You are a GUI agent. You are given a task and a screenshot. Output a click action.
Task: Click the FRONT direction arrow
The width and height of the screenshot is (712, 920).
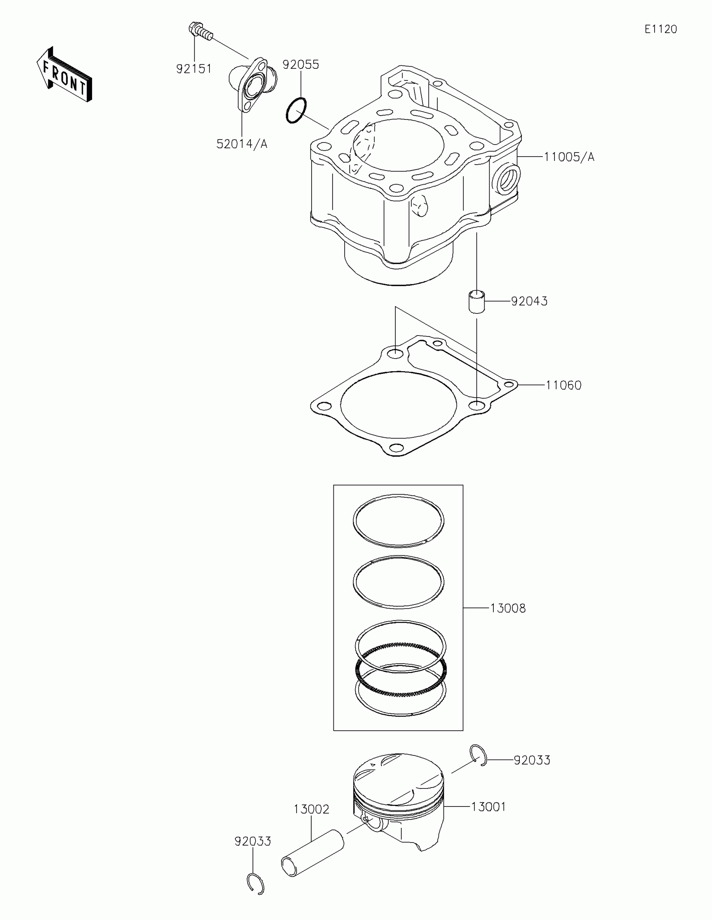64,74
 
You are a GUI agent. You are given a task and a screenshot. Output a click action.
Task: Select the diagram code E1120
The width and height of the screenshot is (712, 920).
660,29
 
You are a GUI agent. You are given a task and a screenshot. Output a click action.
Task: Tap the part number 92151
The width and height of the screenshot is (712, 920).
193,69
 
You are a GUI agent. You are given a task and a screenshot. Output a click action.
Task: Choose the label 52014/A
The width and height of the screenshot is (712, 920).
242,144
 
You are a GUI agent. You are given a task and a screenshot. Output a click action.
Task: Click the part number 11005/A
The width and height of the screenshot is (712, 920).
569,157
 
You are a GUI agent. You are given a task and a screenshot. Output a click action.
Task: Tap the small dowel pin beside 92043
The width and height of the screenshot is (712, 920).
477,301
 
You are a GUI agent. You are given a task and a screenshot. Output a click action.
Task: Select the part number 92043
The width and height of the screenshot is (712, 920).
529,301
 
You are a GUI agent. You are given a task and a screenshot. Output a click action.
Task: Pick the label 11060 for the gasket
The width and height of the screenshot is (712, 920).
563,385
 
